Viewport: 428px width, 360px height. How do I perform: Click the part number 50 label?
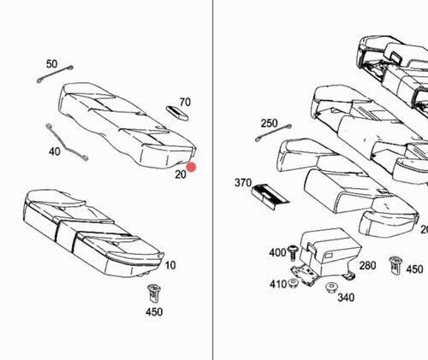click(51, 64)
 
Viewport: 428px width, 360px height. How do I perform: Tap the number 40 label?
click(55, 151)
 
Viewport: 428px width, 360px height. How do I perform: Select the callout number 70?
click(185, 102)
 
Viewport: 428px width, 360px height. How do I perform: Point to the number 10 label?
click(170, 265)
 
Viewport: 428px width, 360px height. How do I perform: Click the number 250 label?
click(269, 123)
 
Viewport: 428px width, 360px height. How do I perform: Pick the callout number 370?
click(243, 183)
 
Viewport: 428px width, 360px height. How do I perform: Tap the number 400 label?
click(277, 252)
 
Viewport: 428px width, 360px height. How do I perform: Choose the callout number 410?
click(278, 284)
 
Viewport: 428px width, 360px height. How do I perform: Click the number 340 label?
click(346, 298)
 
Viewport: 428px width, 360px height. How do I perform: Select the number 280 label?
click(367, 266)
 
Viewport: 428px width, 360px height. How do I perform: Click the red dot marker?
click(191, 168)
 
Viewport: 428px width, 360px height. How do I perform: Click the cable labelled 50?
click(55, 74)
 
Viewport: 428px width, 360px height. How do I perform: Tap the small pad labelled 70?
click(177, 113)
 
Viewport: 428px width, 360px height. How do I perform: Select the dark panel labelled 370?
click(270, 197)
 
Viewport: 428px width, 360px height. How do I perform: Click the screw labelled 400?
click(292, 252)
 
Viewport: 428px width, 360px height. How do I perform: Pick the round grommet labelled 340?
click(330, 287)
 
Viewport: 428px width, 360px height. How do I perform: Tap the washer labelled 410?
click(293, 283)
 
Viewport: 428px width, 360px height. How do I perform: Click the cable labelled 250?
click(273, 133)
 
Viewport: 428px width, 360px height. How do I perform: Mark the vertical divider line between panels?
click(212, 180)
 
